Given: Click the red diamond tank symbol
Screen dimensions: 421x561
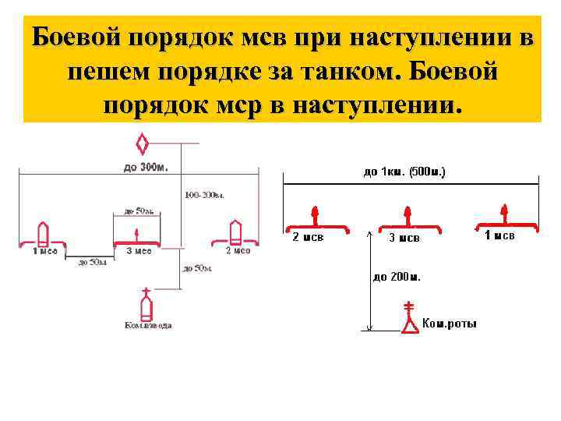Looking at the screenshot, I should click(143, 143).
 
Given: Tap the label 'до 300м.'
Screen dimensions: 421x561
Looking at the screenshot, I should click(145, 166).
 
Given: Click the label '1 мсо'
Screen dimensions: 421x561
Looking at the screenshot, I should click(44, 251).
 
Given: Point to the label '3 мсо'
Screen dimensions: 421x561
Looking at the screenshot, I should click(139, 251).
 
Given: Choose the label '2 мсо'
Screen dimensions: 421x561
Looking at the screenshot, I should click(238, 251).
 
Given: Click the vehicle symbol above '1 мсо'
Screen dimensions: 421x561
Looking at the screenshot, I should click(44, 233).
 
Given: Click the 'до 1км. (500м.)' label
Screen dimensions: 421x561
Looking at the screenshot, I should click(404, 172).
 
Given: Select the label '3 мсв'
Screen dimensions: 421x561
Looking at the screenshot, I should click(404, 238).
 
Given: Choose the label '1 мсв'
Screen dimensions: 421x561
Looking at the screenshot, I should click(499, 235).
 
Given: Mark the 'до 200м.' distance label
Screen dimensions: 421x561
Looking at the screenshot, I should click(397, 276).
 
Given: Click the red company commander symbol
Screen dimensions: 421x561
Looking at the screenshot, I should click(409, 320).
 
